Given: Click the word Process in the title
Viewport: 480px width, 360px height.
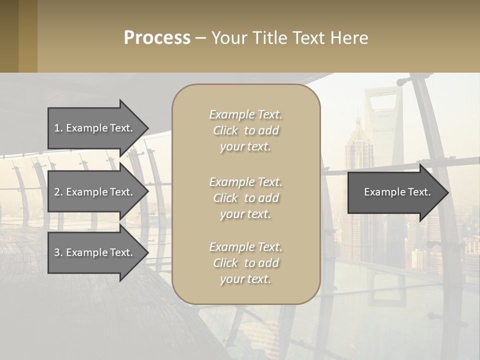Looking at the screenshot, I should pos(157,38).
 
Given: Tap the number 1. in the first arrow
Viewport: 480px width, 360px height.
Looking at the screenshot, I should pos(58,128).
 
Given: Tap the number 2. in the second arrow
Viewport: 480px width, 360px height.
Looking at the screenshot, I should pos(58,192).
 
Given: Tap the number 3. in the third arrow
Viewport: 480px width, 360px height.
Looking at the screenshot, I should pos(58,252).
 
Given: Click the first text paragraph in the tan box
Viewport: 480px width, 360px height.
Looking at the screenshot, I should pos(245,130).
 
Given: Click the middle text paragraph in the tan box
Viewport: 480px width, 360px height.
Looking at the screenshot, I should pos(245,198).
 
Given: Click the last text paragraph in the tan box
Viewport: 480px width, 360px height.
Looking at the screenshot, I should pos(245,263).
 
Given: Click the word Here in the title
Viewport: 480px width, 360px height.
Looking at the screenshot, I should pos(349,38).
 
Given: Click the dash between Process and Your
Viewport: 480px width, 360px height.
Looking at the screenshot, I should pos(200,38).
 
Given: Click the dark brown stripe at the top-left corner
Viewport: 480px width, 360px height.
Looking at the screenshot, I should pos(9,36).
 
